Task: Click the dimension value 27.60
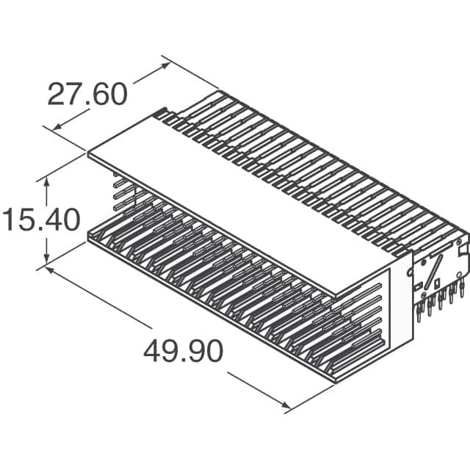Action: pyautogui.click(x=87, y=94)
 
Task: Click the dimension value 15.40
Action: pyautogui.click(x=40, y=220)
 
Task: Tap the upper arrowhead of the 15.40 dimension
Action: pyautogui.click(x=47, y=181)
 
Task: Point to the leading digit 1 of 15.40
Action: pyautogui.click(x=9, y=220)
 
